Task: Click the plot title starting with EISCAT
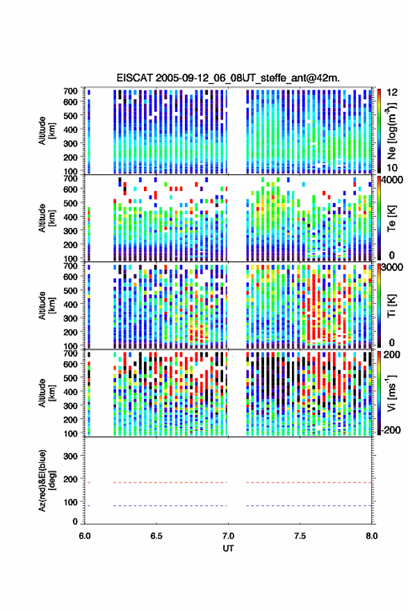pos(228,78)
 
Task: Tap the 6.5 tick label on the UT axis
pos(156,536)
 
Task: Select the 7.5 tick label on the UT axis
pos(300,536)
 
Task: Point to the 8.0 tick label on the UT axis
pos(371,536)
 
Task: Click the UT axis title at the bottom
pos(228,548)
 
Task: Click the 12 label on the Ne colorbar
pos(392,92)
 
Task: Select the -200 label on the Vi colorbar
pos(391,430)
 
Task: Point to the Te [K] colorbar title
pos(391,218)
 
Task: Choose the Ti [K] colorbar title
pos(391,306)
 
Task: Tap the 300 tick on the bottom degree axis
pos(70,456)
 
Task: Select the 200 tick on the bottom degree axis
pos(70,479)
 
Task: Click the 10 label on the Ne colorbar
pos(392,168)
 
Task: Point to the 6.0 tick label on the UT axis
pos(85,536)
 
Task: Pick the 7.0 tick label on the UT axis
pos(228,536)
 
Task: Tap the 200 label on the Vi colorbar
pos(392,355)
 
